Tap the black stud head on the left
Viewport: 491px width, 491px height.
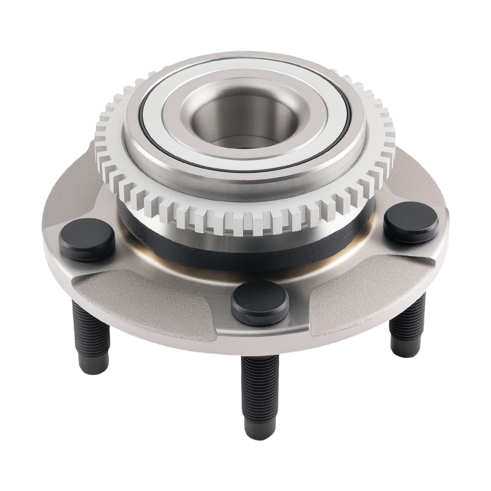[x=87, y=239]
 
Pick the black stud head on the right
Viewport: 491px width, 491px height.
[x=411, y=222]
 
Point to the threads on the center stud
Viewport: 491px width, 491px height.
[x=260, y=388]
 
